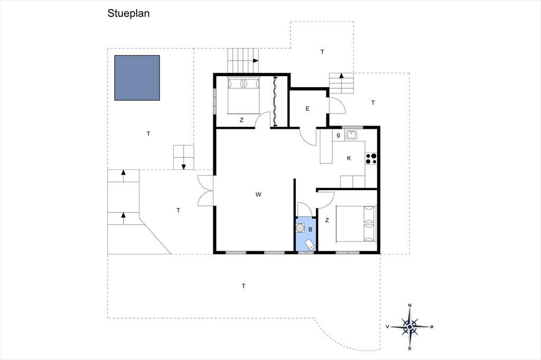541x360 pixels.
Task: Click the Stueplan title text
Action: pos(128,13)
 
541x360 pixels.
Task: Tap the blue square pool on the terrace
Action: pos(137,78)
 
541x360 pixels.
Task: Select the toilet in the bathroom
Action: pos(310,245)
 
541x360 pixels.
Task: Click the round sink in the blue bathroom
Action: pos(301,228)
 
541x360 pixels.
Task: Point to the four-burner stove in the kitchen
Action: pos(371,158)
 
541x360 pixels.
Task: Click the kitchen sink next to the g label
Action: pos(351,135)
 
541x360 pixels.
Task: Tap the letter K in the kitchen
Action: pos(349,158)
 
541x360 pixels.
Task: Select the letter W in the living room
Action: pos(258,194)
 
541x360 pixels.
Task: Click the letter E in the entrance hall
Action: pos(307,109)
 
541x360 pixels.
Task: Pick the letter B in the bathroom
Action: pos(310,229)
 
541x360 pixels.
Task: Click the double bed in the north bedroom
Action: pos(244,96)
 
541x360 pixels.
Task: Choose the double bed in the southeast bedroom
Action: pos(356,224)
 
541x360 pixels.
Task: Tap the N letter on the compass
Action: pos(409,306)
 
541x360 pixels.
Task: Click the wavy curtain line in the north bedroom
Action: pos(275,101)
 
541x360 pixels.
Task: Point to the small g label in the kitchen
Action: pos(338,135)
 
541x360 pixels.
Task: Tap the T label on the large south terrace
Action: pos(244,286)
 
